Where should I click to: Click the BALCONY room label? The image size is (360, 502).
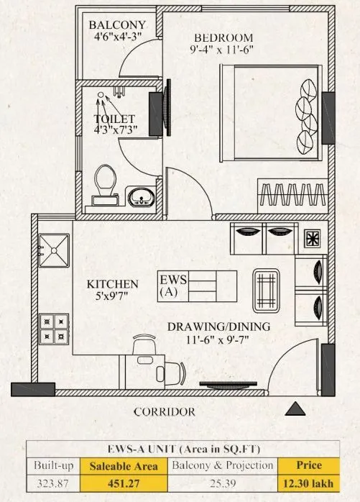(116, 26)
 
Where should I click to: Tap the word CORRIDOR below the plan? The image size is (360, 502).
(165, 412)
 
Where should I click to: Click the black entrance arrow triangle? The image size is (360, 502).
(295, 410)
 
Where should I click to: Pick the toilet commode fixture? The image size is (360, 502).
(105, 181)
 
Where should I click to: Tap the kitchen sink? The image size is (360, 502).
(55, 248)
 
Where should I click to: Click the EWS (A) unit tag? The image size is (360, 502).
(172, 286)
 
